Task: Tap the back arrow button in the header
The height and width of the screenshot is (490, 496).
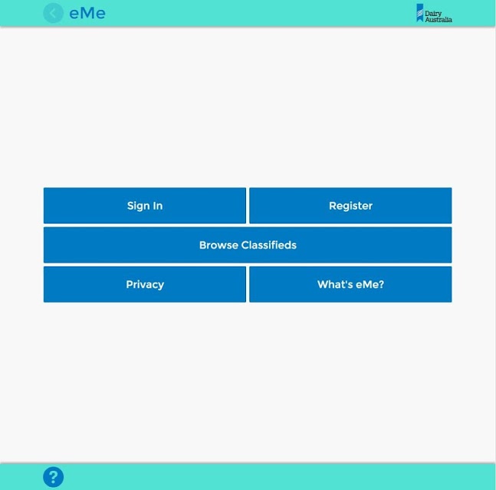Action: click(53, 13)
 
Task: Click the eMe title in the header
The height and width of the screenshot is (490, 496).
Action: click(87, 13)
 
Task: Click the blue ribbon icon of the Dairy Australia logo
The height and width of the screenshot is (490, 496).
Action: click(420, 13)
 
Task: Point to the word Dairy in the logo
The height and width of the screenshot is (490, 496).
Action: click(433, 14)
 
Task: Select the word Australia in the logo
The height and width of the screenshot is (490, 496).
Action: click(439, 20)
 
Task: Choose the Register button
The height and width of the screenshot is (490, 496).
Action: click(350, 206)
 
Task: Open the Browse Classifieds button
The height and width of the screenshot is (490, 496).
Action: click(248, 245)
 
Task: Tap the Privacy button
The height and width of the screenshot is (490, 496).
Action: click(145, 284)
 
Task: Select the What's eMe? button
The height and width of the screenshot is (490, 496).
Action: click(350, 284)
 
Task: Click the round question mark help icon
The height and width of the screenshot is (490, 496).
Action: click(53, 477)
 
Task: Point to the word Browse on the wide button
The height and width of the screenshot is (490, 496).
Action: click(218, 245)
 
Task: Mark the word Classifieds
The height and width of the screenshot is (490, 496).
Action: click(269, 245)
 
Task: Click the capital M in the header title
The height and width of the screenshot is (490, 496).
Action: click(87, 13)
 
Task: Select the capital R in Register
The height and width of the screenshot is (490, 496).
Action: click(333, 206)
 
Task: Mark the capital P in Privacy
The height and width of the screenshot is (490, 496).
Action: click(130, 284)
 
